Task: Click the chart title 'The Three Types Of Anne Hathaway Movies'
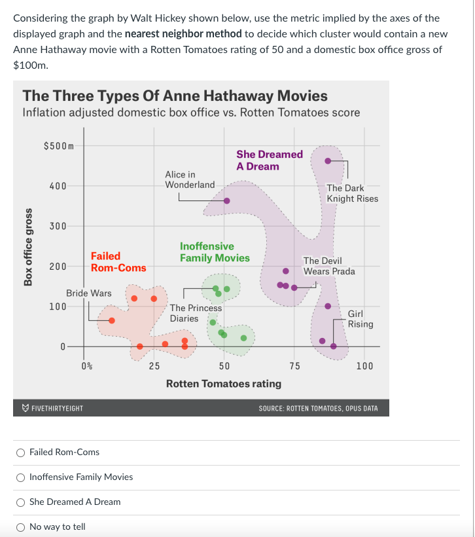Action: tap(175, 96)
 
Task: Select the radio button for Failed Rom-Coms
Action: tap(21, 452)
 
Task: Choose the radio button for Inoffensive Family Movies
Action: tap(21, 477)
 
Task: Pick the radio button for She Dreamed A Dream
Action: tap(21, 502)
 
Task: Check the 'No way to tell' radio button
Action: tap(21, 527)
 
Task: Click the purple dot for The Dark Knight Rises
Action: tap(328, 160)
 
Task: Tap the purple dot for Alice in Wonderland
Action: tap(226, 201)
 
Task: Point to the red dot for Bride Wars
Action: tap(112, 320)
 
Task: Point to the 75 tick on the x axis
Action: tap(294, 366)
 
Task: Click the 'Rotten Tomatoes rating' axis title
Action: tap(224, 383)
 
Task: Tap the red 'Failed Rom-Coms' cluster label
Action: tap(118, 262)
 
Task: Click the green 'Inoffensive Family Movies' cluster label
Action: tap(215, 252)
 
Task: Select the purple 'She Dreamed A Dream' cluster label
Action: tap(270, 160)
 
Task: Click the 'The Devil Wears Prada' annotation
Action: tap(329, 266)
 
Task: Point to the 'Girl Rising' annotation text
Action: tap(360, 319)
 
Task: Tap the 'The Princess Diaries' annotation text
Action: tap(195, 313)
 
